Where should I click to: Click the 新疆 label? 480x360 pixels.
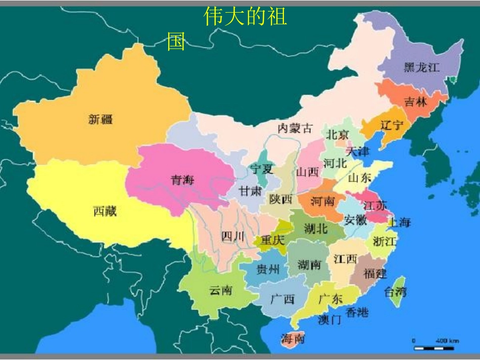[x=101, y=120]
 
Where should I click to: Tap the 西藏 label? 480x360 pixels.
[x=105, y=211]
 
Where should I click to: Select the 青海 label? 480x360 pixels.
[x=182, y=180]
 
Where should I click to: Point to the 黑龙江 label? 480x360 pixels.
[x=421, y=67]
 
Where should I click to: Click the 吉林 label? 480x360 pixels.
[x=416, y=101]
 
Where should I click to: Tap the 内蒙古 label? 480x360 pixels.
[x=296, y=128]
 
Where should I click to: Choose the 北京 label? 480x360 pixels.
[x=337, y=135]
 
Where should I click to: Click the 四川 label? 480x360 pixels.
[x=233, y=236]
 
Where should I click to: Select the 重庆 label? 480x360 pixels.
[x=272, y=240]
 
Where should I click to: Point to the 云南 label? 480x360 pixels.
[x=221, y=290]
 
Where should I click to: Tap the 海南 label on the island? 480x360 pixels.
[x=293, y=339]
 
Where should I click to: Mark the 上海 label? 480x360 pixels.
[x=399, y=222]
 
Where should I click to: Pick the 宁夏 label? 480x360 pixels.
[x=262, y=169]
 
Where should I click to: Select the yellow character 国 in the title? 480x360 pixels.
[x=176, y=42]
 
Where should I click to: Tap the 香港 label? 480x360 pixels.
[x=357, y=312]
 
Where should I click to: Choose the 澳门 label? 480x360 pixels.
[x=330, y=319]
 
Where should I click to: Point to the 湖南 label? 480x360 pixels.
[x=310, y=264]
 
